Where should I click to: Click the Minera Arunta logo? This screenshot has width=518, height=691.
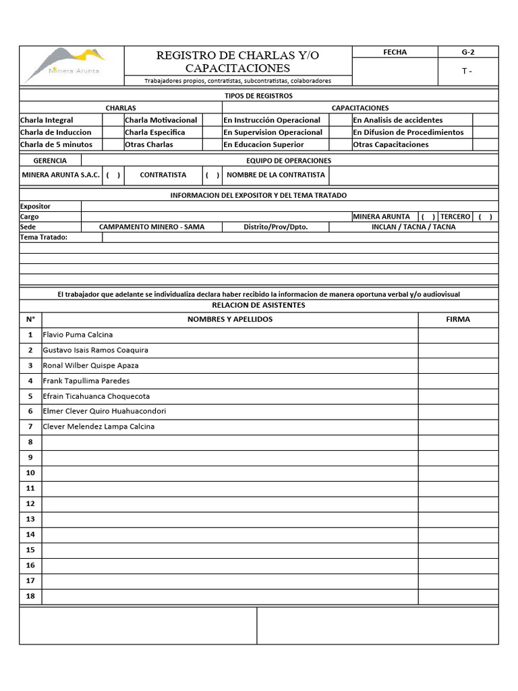click(x=72, y=65)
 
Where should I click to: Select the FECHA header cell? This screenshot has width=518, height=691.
click(x=395, y=52)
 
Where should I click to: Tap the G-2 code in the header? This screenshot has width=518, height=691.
click(x=468, y=52)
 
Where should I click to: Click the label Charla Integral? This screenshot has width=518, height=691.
click(x=47, y=120)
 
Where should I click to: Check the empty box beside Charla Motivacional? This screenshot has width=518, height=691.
click(x=212, y=120)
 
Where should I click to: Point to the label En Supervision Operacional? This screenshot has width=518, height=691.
click(x=272, y=132)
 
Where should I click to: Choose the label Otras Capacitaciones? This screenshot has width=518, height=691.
click(x=391, y=144)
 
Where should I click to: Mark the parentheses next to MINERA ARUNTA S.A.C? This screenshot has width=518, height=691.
click(x=113, y=175)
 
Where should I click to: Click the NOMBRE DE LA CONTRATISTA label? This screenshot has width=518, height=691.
click(x=276, y=175)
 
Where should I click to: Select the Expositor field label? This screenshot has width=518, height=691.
click(x=35, y=206)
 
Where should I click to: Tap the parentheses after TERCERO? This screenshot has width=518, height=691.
click(x=485, y=217)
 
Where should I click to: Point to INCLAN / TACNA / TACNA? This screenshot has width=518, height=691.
click(x=413, y=227)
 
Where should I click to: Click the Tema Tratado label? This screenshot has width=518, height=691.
click(x=44, y=238)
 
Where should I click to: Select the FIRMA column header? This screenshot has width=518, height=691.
click(x=458, y=319)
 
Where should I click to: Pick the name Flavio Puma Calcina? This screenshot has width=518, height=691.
click(x=78, y=335)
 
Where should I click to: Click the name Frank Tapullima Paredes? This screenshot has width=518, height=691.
click(x=86, y=381)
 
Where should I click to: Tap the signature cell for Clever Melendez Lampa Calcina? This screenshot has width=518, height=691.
click(x=458, y=426)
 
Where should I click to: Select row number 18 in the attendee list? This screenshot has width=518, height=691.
click(x=30, y=596)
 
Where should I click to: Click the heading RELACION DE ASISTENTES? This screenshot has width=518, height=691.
click(x=259, y=305)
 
